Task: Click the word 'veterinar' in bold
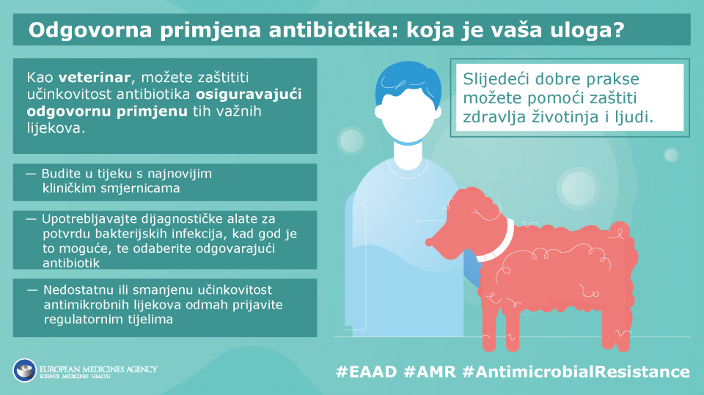pos(95,78)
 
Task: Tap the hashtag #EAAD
pos(367,372)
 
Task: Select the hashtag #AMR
pos(430,372)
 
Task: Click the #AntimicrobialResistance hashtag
pos(576,372)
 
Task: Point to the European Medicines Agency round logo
pos(25,370)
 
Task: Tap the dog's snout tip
pos(430,243)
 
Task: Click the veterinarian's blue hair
pos(408,83)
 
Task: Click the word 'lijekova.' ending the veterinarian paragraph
pos(56,128)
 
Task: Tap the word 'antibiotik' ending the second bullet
pos(71,262)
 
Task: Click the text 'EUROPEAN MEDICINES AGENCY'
pos(98,369)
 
